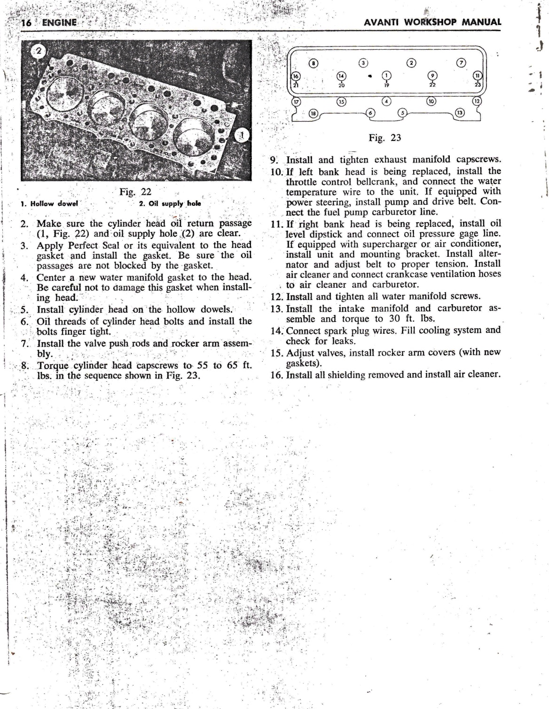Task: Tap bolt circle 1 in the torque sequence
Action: point(386,75)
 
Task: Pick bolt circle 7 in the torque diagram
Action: point(461,62)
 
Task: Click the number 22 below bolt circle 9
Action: point(432,85)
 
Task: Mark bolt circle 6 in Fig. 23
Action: point(371,113)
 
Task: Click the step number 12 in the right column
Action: point(276,297)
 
